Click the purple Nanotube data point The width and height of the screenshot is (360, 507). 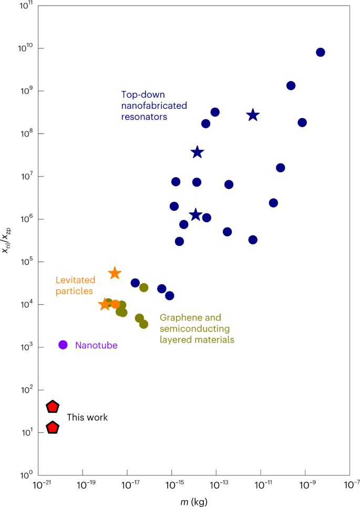coord(63,345)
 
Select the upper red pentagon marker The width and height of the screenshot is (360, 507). coord(53,407)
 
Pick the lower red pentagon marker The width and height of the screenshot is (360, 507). coord(53,428)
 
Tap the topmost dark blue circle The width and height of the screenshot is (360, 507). coord(321,52)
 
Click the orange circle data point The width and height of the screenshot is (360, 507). coord(116,304)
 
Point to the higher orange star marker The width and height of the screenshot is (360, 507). coord(115,273)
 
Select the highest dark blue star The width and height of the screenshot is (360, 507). coord(253,115)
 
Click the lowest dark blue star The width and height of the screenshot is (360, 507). coord(196,214)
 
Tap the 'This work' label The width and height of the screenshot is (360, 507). coord(87,417)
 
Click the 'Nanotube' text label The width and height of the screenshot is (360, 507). coord(96,345)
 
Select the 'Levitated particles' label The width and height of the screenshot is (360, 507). coord(75,285)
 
